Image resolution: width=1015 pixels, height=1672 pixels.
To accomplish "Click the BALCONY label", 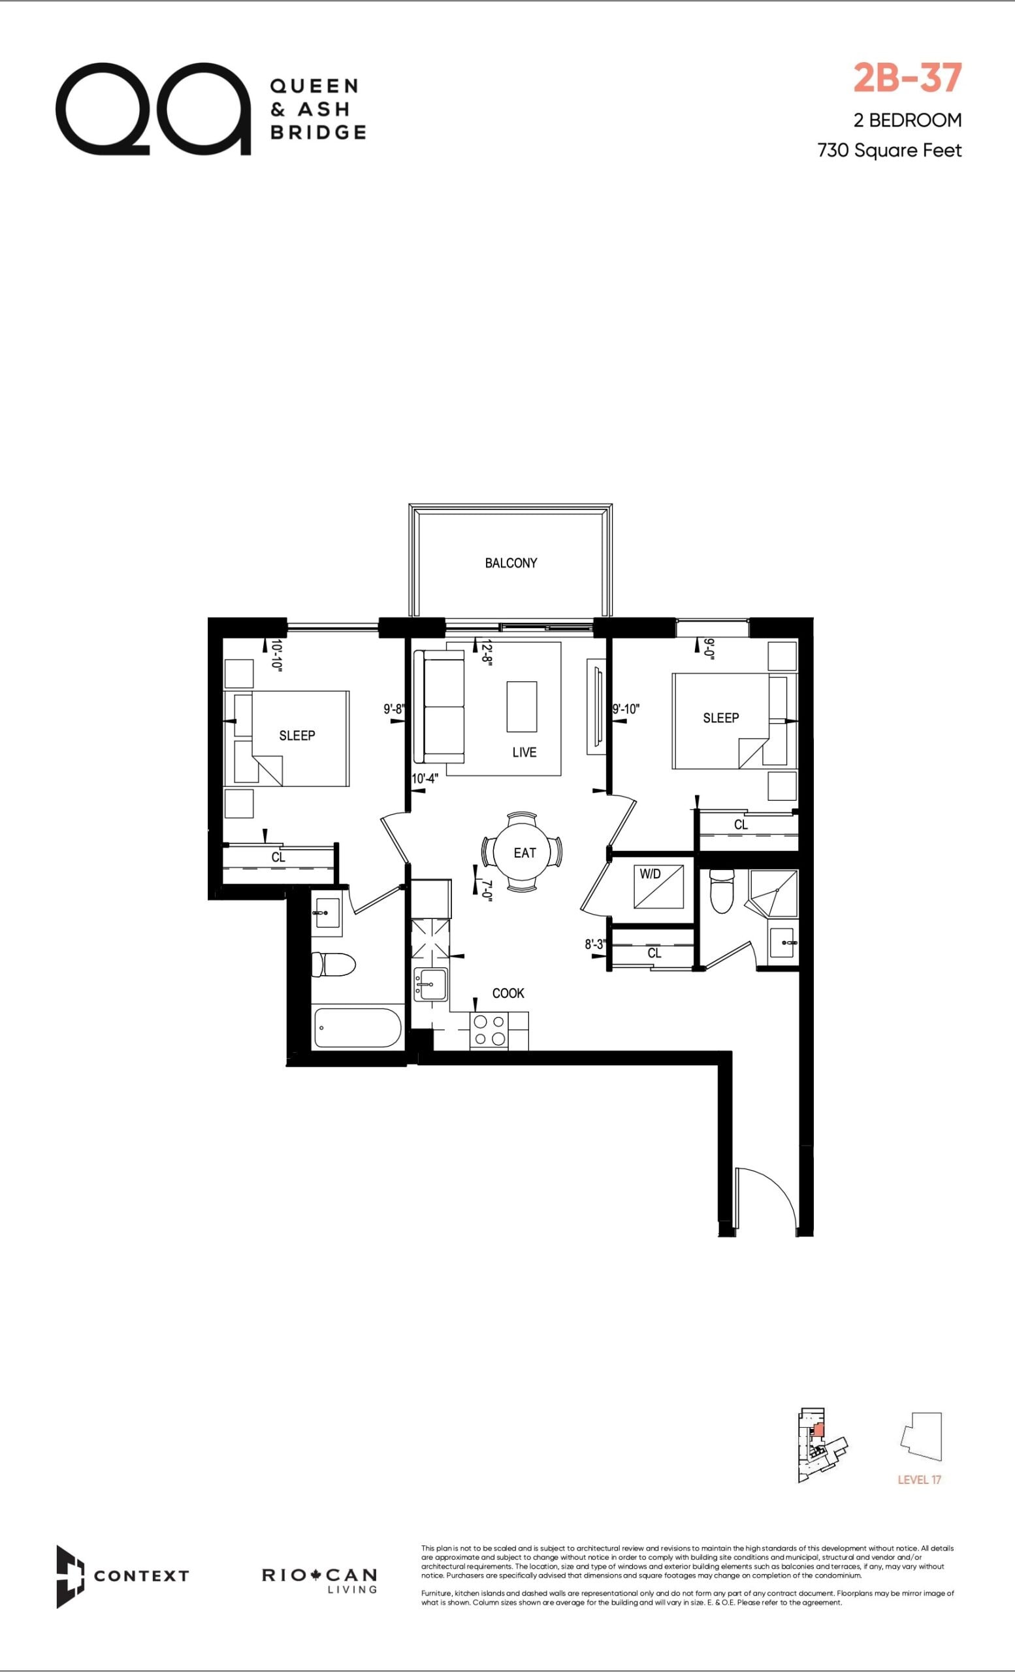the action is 511,562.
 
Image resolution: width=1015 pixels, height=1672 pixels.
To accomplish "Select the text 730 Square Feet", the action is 890,150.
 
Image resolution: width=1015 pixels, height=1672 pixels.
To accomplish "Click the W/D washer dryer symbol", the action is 659,886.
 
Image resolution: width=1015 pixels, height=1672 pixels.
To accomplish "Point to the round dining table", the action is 522,852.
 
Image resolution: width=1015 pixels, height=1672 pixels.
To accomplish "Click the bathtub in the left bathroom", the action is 357,1027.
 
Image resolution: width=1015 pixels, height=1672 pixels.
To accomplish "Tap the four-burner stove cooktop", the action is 489,1030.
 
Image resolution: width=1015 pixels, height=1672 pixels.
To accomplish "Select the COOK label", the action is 508,993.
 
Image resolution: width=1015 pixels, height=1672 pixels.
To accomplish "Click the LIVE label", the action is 524,752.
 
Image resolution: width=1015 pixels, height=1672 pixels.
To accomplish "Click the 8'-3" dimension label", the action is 595,944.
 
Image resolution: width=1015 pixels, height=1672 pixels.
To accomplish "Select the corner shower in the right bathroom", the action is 773,893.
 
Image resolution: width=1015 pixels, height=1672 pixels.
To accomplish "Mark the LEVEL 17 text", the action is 920,1479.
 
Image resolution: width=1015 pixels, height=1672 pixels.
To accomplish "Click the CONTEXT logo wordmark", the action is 141,1575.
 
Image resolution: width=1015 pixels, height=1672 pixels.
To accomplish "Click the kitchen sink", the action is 430,983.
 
